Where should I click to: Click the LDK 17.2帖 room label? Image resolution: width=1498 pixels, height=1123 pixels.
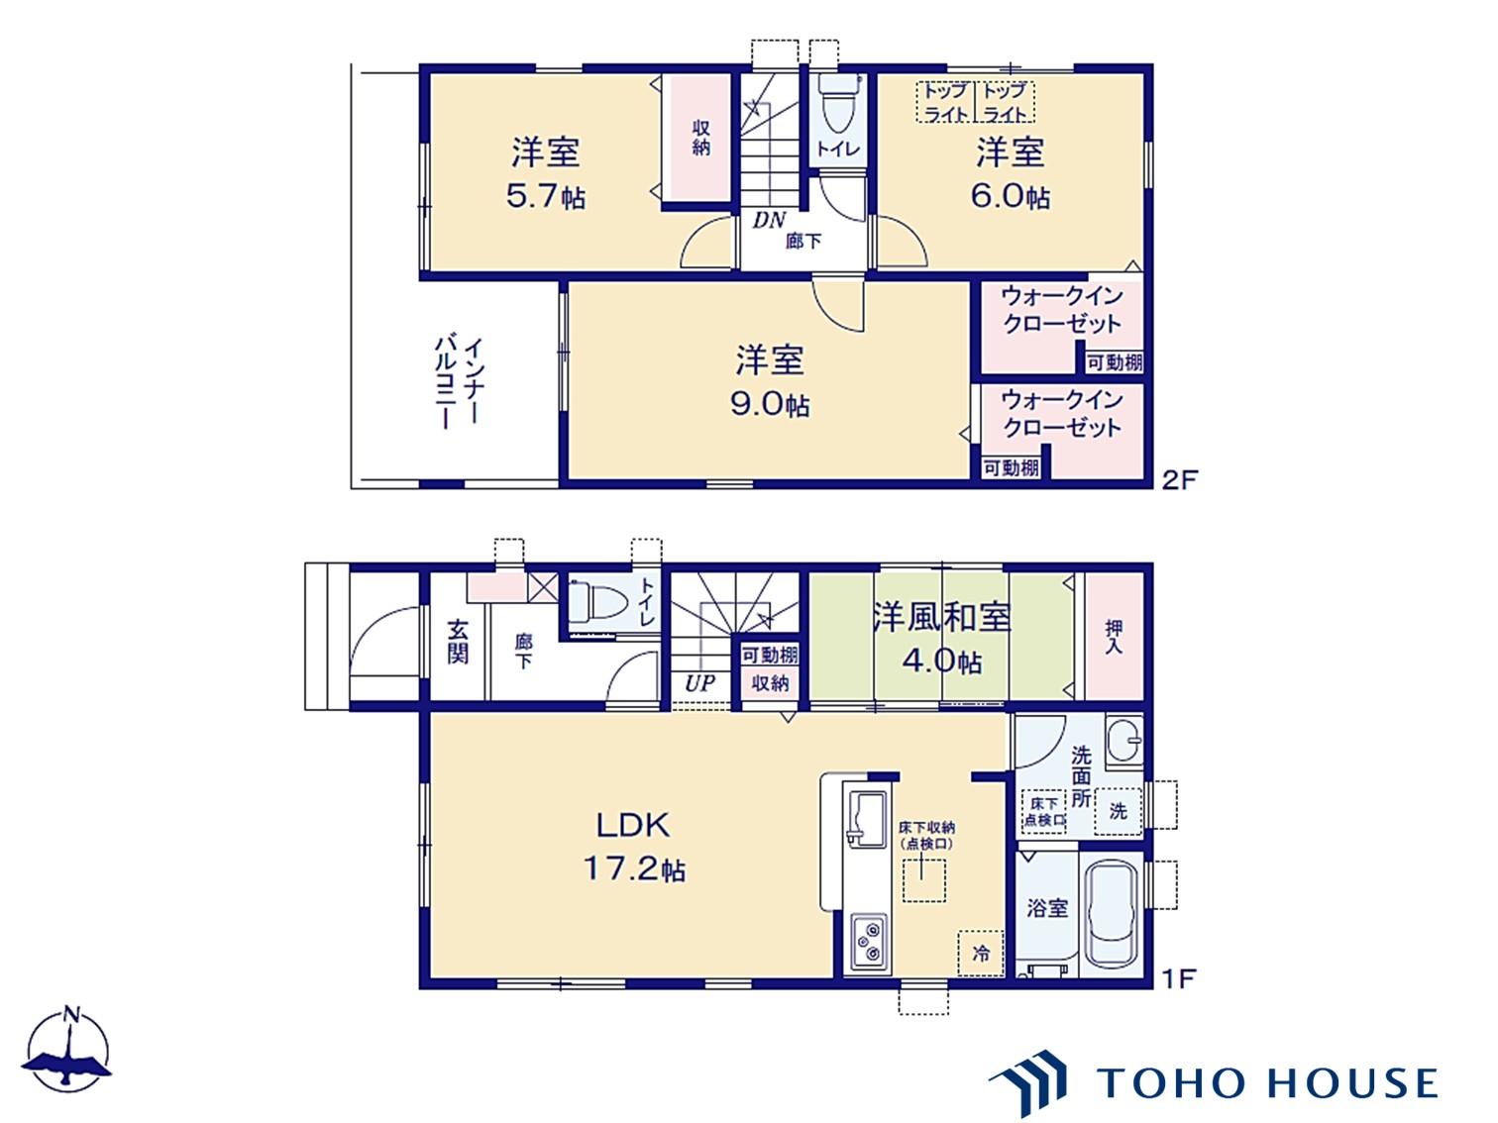(x=633, y=847)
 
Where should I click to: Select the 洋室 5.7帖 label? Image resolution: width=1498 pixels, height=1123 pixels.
(x=545, y=173)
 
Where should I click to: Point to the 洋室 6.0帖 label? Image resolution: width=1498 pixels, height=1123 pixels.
(x=1010, y=173)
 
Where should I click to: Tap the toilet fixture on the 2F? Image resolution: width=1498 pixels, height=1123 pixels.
(x=838, y=104)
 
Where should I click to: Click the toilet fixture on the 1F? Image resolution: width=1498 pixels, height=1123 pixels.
(x=597, y=601)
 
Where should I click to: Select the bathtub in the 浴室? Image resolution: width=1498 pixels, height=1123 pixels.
(x=1111, y=913)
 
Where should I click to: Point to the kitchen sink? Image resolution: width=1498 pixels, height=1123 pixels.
(x=865, y=818)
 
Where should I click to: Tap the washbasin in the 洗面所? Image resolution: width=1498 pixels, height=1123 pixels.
(x=1124, y=740)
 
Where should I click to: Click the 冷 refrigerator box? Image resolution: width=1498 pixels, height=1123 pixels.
(x=981, y=954)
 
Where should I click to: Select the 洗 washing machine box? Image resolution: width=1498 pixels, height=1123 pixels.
(x=1118, y=811)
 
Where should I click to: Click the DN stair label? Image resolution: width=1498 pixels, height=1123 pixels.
(x=769, y=220)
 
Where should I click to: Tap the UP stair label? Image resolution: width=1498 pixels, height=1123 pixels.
(x=699, y=683)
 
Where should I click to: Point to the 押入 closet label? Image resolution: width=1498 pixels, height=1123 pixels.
(x=1114, y=636)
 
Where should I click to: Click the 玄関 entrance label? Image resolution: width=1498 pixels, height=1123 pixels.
(x=458, y=641)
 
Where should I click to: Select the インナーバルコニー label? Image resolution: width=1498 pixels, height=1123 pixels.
(x=460, y=382)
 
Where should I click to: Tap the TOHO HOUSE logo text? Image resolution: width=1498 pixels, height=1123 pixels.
(x=1267, y=1082)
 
